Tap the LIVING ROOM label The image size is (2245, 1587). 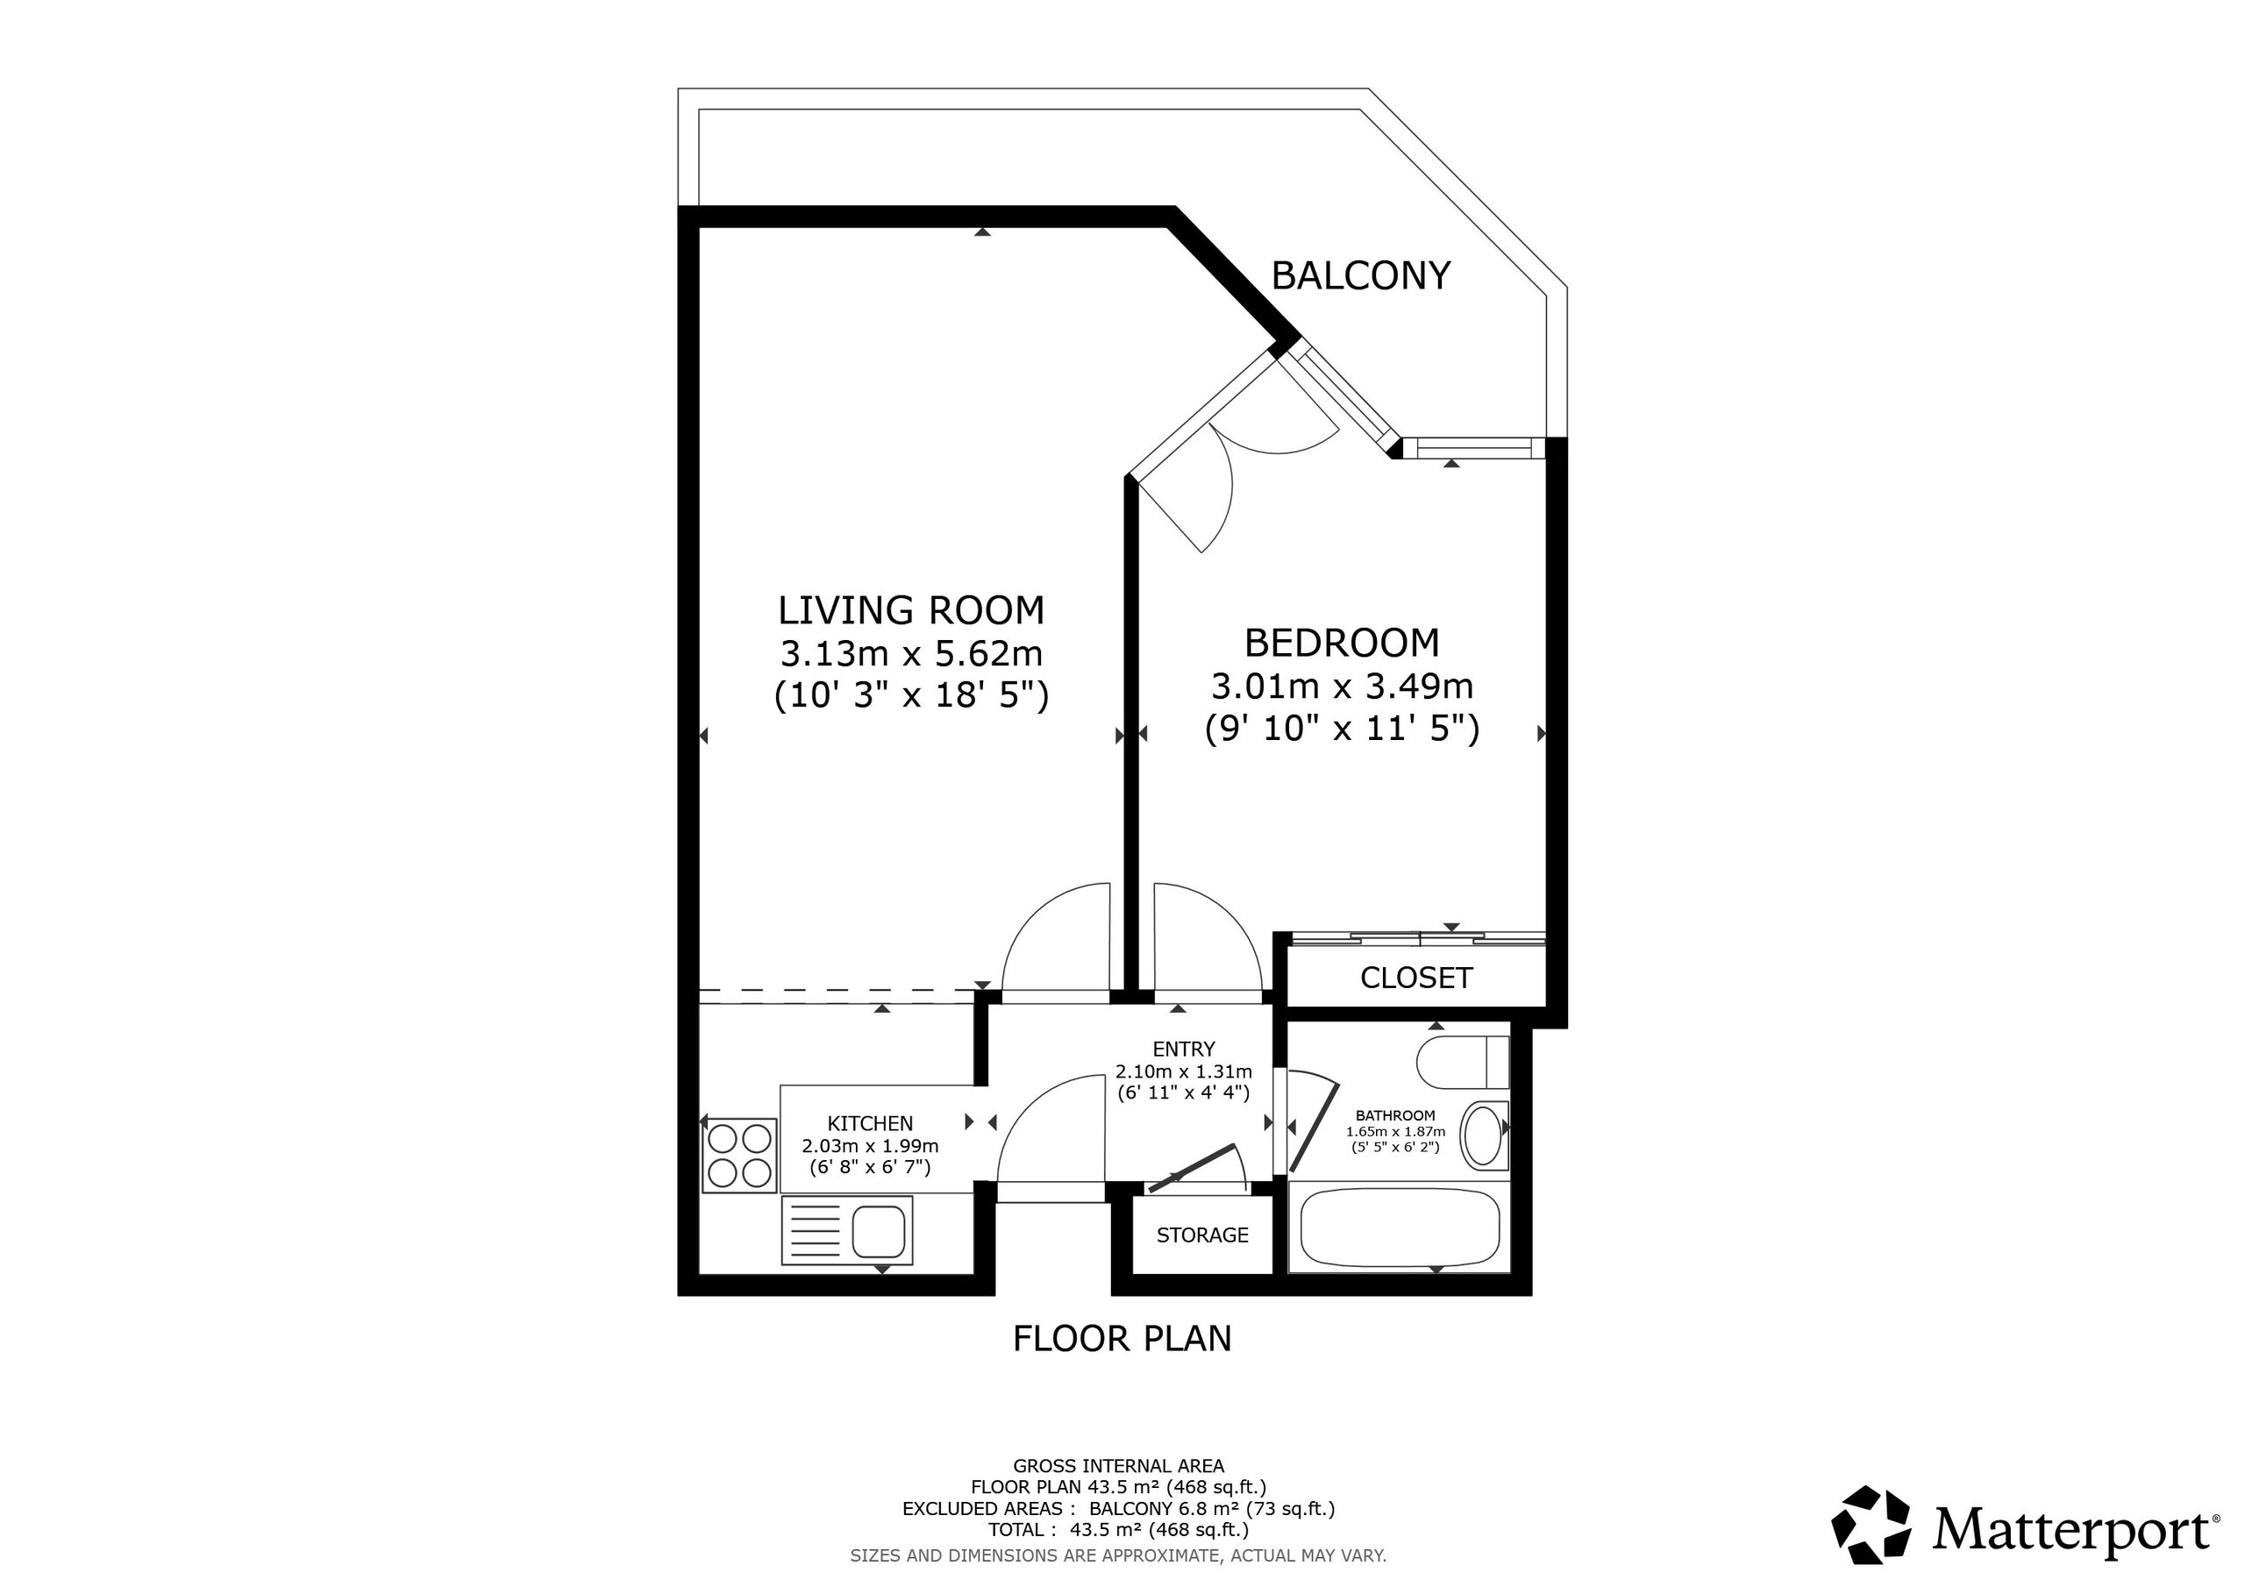911,610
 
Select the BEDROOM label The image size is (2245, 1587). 1342,643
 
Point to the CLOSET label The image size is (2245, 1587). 1415,978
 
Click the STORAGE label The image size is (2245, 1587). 1202,1235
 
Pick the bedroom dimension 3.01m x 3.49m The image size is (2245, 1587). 1342,687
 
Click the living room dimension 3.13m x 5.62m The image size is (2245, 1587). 911,652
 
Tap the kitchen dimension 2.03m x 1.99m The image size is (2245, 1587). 870,1146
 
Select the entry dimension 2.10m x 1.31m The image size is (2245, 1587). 1183,1071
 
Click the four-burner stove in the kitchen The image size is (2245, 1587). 739,1156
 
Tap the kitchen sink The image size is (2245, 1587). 847,1230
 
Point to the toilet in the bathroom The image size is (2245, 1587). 1463,1063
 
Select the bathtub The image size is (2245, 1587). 1394,1228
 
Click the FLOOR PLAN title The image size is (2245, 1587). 1122,1339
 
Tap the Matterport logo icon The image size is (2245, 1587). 1871,1530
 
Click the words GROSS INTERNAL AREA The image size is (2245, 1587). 1119,1466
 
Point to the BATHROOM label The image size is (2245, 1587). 1395,1115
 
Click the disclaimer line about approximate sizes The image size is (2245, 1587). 1119,1555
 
